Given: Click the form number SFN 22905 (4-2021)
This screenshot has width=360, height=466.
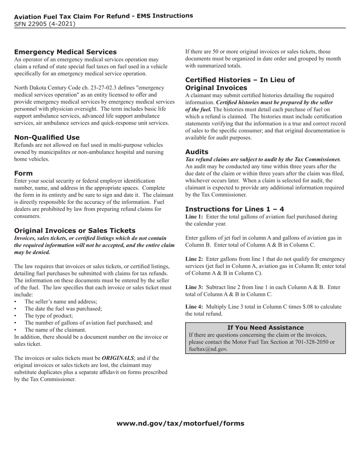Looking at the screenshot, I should [44, 24].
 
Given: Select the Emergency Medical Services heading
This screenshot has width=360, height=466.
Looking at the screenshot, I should [65, 52].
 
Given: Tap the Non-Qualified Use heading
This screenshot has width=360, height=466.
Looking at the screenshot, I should [47, 137].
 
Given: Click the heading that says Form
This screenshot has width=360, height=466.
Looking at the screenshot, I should [23, 173].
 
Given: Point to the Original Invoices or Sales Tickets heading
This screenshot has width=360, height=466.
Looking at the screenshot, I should [75, 230].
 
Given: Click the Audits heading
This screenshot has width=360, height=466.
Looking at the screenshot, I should [197, 152].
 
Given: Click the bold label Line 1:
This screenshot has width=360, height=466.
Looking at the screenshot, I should [194, 217].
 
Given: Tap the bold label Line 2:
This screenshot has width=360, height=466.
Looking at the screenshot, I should [194, 259].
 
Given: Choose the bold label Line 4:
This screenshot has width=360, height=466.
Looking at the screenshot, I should [194, 307].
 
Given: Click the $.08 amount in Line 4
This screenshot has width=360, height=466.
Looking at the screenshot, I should [305, 307].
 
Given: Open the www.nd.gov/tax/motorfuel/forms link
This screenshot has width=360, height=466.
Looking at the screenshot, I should [180, 423].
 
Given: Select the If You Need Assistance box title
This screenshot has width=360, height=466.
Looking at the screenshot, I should [265, 327].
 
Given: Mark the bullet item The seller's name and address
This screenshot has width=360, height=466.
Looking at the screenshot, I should [61, 302].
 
